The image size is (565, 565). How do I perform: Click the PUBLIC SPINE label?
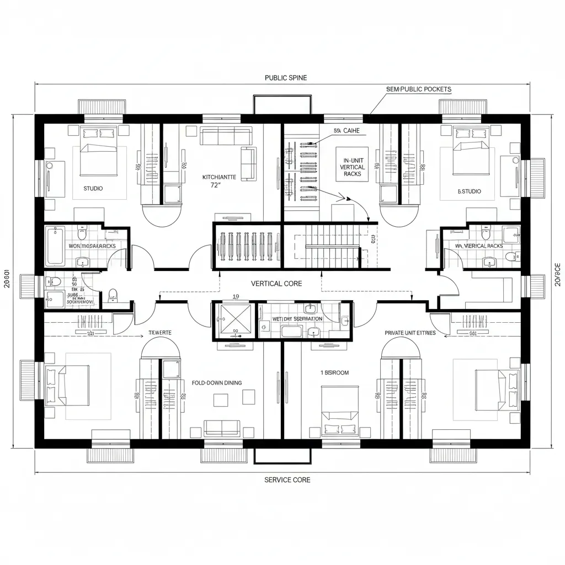286,78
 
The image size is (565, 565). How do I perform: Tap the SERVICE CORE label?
287,479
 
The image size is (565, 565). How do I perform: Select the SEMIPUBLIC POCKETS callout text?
419,89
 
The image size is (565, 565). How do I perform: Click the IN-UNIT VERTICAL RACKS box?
352,164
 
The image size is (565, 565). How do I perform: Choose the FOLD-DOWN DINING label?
216,382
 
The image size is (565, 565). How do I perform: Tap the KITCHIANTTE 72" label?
219,181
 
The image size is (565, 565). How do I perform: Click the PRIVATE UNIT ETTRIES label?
410,333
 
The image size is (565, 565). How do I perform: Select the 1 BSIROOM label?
334,372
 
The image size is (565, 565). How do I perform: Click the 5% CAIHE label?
346,131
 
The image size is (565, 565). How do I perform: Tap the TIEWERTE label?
161,333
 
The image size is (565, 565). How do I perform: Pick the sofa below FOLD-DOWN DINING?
222,427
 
